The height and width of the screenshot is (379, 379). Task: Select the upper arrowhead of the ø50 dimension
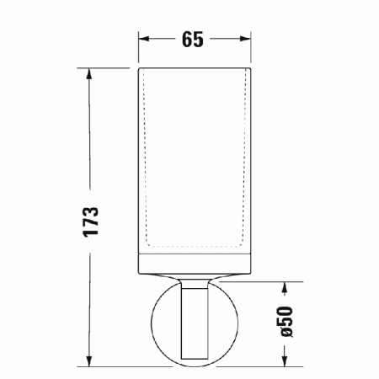(x=286, y=287)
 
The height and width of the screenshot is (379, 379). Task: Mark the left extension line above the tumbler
(x=139, y=51)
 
